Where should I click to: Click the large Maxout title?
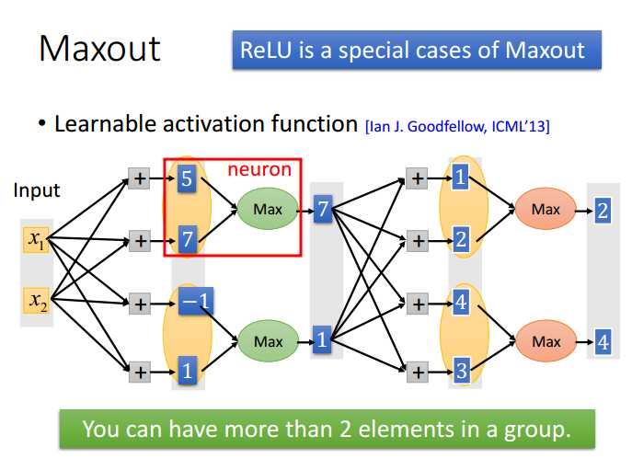99,48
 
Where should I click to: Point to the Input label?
36,190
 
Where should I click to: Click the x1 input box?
36,241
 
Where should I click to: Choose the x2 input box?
36,300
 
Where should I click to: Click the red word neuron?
259,169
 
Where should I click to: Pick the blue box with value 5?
187,180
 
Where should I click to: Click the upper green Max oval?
268,211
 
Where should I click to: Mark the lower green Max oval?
268,341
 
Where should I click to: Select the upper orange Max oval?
545,210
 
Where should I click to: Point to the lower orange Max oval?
545,341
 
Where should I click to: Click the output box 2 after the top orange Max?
603,211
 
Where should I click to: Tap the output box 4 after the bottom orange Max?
603,342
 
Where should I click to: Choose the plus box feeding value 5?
139,179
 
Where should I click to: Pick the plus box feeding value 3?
417,372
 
